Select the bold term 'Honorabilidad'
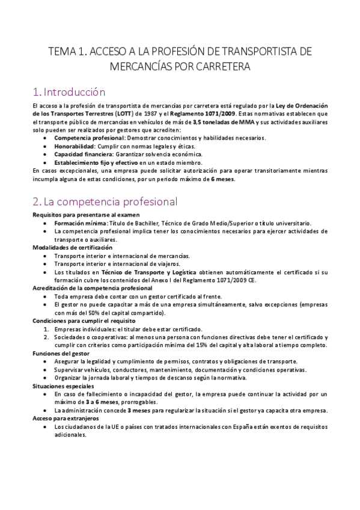click(74, 146)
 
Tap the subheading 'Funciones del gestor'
click(55, 354)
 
